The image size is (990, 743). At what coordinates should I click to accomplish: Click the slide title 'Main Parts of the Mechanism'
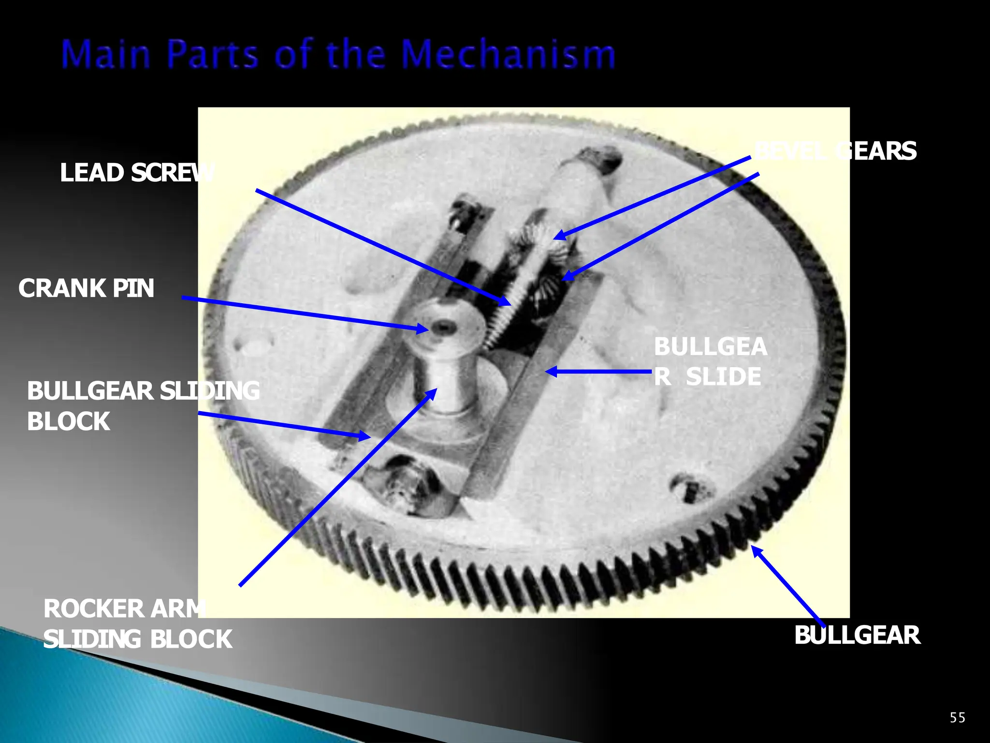[338, 54]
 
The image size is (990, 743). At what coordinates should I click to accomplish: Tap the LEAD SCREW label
[137, 173]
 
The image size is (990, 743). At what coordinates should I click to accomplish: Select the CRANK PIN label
[86, 288]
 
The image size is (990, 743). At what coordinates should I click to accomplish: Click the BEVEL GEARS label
[835, 151]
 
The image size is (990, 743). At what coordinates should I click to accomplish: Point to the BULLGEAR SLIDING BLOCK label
[143, 406]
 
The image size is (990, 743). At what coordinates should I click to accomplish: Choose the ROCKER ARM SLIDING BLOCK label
[137, 624]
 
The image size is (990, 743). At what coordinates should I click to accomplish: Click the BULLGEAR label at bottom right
[857, 635]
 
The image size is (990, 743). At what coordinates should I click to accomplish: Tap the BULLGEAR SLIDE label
[710, 362]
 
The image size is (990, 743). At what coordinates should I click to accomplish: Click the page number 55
[957, 717]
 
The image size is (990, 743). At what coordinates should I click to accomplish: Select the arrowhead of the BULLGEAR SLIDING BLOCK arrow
[367, 436]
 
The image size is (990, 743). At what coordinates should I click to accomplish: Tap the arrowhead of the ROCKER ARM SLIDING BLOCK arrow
[434, 392]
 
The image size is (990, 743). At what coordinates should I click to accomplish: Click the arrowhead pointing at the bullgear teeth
[755, 549]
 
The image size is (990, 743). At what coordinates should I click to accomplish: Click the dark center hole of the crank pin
[441, 327]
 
